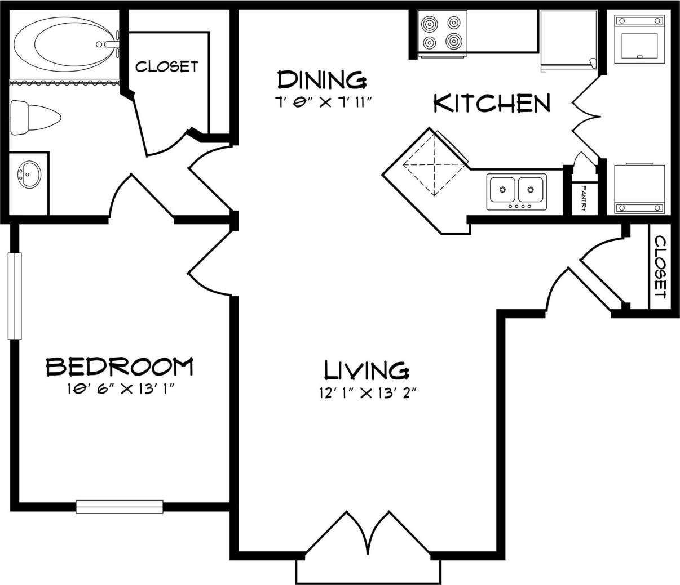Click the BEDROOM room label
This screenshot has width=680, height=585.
pos(120,367)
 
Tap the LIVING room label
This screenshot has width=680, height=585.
pos(367,370)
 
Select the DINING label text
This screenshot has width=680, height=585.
pos(321,80)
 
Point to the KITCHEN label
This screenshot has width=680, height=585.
pos(492,104)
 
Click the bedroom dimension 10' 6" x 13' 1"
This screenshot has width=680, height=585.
pos(120,390)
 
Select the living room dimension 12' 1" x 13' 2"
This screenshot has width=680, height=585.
pos(367,393)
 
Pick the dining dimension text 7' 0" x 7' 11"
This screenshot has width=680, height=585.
pos(322,102)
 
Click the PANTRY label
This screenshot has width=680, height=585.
pos(584,199)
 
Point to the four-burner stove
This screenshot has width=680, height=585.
pos(442,33)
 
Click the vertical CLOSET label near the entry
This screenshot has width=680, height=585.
pos(660,267)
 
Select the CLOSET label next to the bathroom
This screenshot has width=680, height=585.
pos(167,66)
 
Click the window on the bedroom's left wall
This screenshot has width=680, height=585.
pos(14,296)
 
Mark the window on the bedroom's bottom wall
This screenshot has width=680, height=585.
pos(120,507)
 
